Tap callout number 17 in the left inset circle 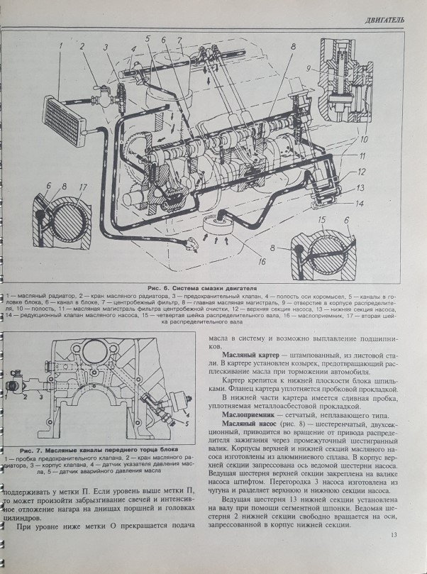pyautogui.click(x=83, y=189)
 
